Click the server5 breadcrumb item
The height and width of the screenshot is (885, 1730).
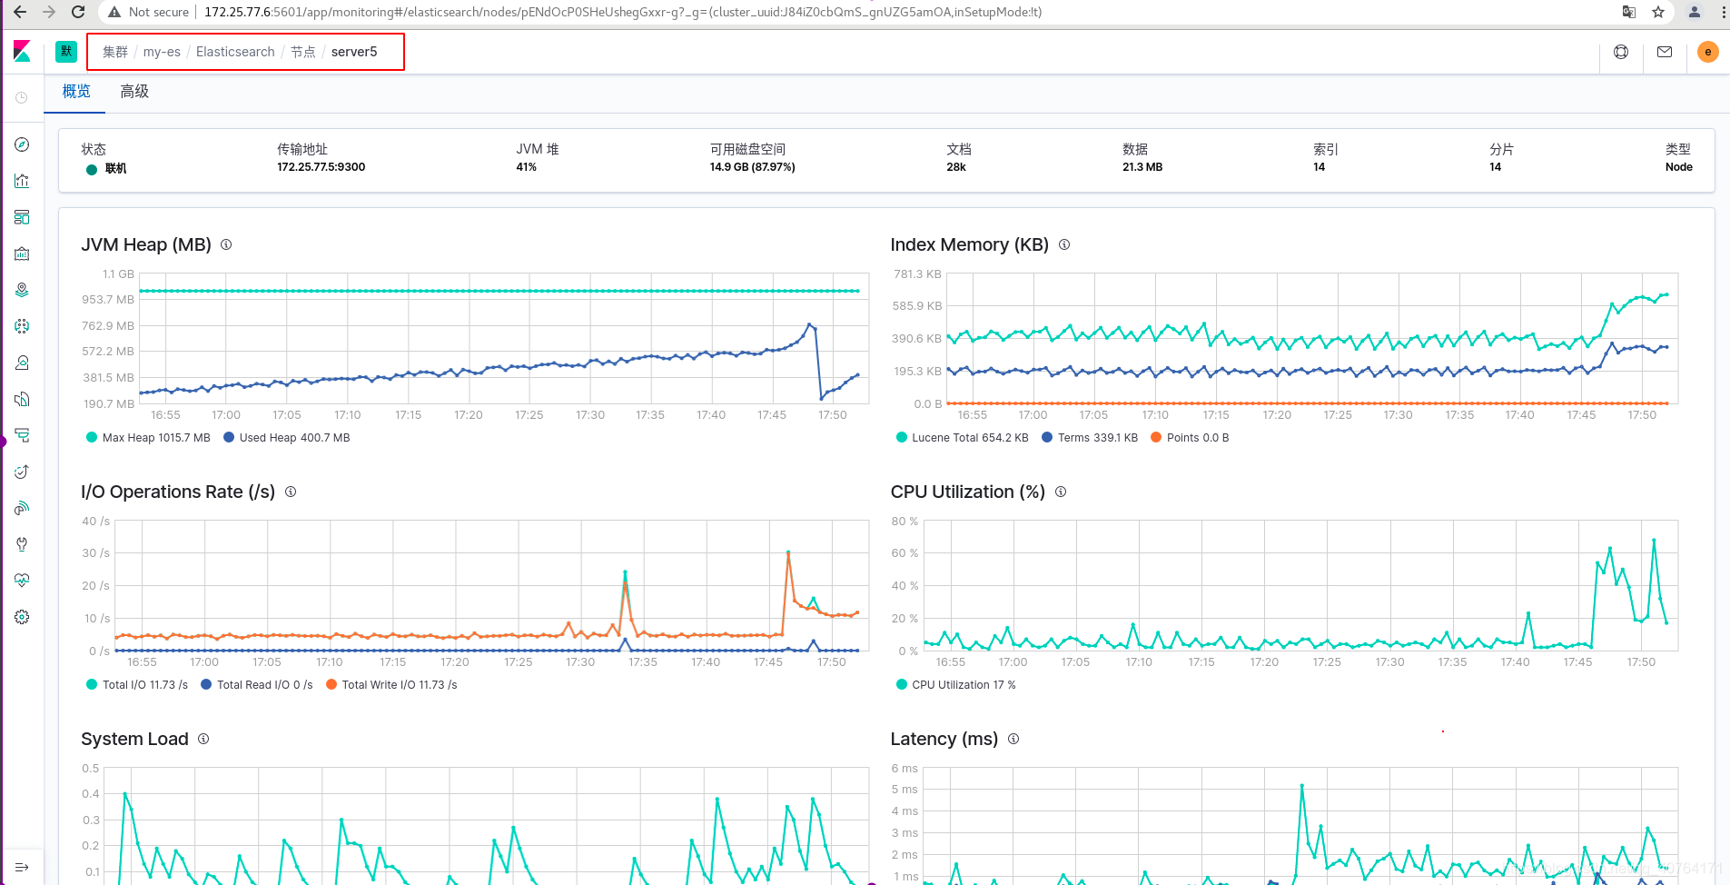[354, 52]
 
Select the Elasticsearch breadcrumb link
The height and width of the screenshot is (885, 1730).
[235, 52]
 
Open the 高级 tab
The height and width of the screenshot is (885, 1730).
[134, 92]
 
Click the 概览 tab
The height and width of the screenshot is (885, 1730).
[76, 92]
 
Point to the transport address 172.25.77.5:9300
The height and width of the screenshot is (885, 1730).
[321, 167]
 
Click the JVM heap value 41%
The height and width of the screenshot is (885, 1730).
[527, 167]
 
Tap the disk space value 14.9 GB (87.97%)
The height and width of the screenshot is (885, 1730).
[753, 167]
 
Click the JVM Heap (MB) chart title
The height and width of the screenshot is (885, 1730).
[146, 244]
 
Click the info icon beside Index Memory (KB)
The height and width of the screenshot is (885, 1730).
[1064, 244]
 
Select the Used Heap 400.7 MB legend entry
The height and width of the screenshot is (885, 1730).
[287, 438]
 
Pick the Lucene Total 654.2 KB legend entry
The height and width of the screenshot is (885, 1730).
[963, 438]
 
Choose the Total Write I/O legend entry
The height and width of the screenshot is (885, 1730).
[391, 685]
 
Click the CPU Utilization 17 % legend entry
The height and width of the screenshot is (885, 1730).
[956, 685]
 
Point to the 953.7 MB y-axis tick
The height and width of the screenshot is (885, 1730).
[108, 300]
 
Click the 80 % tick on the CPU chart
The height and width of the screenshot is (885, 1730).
[905, 522]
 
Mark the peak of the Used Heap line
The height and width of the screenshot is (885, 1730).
[809, 324]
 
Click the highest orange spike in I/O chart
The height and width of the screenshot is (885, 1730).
[788, 552]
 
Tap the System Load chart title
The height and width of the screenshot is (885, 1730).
[134, 739]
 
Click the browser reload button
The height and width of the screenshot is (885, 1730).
[78, 12]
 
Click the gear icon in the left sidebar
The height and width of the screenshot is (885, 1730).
[23, 617]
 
